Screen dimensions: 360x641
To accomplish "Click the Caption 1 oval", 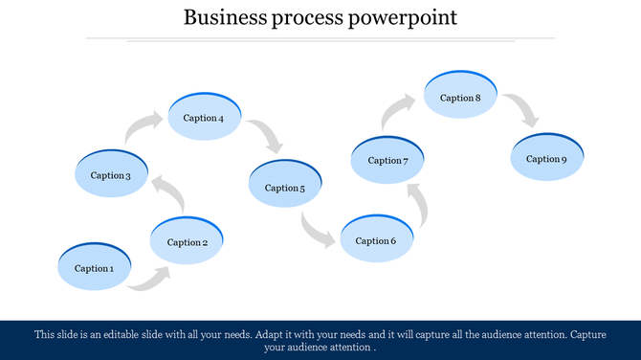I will [94, 268].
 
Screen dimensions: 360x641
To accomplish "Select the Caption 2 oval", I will [188, 242].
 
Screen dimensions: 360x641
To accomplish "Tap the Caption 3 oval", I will [111, 175].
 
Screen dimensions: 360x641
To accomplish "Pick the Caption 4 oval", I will [204, 118].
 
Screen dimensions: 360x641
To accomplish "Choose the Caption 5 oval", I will [284, 188].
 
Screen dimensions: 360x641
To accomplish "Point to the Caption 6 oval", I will [376, 240].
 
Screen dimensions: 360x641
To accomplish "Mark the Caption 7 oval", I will [387, 161].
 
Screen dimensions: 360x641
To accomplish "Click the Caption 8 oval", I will [460, 97].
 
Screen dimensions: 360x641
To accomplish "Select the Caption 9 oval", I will [546, 158].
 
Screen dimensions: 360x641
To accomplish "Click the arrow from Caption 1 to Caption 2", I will [150, 279].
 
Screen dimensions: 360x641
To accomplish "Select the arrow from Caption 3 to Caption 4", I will [143, 128].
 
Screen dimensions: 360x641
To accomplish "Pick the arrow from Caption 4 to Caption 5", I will [267, 136].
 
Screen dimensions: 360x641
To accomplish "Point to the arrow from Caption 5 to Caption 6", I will [316, 231].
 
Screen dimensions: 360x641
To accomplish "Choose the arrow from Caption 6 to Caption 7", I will [417, 205].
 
